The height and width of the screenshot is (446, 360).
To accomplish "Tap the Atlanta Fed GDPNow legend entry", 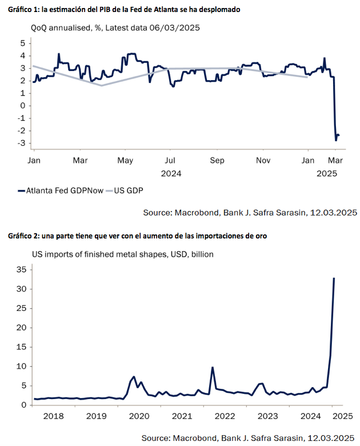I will pyautogui.click(x=61, y=190).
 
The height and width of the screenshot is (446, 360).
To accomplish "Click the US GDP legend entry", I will pyautogui.click(x=127, y=190).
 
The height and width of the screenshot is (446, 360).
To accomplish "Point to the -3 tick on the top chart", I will pyautogui.click(x=22, y=144).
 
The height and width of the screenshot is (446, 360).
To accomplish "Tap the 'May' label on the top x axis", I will pyautogui.click(x=125, y=161).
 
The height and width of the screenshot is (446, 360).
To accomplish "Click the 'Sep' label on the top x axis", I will pyautogui.click(x=216, y=161).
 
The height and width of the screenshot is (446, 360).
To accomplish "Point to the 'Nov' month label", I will pyautogui.click(x=262, y=161).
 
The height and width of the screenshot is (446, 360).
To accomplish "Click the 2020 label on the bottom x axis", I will pyautogui.click(x=136, y=416).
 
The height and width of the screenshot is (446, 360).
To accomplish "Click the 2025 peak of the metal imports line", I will pyautogui.click(x=334, y=278).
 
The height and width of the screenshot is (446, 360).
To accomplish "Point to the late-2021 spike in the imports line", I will pyautogui.click(x=213, y=368).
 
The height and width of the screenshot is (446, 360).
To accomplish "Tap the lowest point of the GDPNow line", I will pyautogui.click(x=336, y=140).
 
